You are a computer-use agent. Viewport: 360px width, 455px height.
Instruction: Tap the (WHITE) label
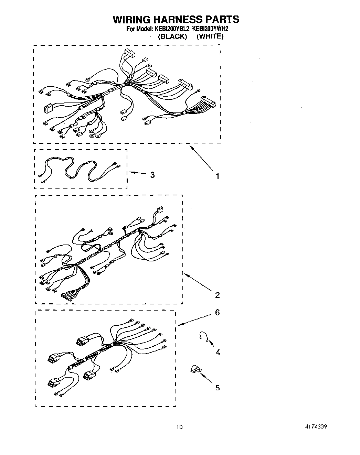coord(210,36)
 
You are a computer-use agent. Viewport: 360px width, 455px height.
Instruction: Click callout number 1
coord(217,176)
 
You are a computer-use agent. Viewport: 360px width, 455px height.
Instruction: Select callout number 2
coord(217,295)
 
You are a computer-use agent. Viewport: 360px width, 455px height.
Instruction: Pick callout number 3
coord(152,175)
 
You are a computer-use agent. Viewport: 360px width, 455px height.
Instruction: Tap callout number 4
coord(218,352)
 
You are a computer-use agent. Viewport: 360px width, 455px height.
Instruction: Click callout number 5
coord(217,388)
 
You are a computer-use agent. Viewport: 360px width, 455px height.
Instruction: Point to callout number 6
coord(217,312)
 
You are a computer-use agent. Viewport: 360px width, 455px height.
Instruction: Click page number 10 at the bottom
coord(179,427)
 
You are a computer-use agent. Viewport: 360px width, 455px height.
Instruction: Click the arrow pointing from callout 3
coord(138,173)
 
